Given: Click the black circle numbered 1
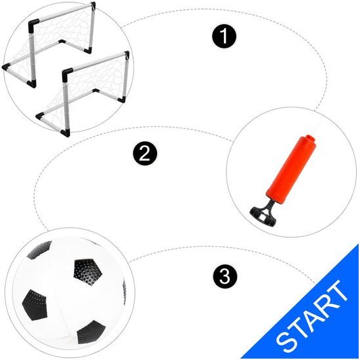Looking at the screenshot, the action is click(x=224, y=36).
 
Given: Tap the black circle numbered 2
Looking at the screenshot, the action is click(x=145, y=153).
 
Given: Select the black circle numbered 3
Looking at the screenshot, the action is click(x=225, y=276).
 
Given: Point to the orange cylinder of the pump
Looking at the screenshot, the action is click(x=291, y=170).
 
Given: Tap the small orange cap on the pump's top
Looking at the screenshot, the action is click(x=307, y=138).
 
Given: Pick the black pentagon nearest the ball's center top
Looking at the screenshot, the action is click(x=88, y=272).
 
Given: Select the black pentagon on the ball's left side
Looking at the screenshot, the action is click(x=35, y=305).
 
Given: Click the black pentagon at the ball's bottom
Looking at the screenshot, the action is click(x=91, y=333).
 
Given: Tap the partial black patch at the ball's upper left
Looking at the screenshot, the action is click(x=39, y=249).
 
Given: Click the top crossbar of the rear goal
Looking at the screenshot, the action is click(x=64, y=13).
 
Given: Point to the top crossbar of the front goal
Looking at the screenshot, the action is click(x=98, y=62).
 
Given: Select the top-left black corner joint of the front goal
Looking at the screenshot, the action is click(x=67, y=73).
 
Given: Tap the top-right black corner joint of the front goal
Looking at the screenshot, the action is click(x=127, y=54).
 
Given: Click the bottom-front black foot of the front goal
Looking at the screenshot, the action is click(x=65, y=133).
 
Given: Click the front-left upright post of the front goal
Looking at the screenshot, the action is click(x=66, y=103).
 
